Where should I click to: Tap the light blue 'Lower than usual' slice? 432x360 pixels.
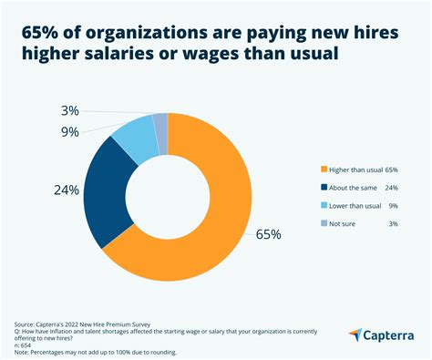pos(138,132)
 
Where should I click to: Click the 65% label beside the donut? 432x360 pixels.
pos(267,234)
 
